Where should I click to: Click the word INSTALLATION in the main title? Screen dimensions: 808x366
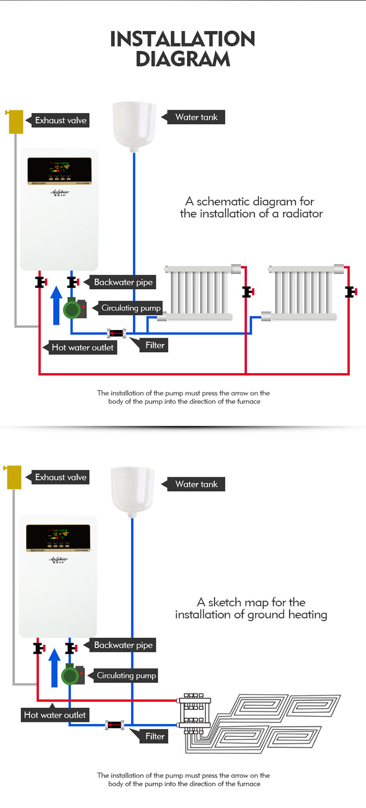click(183, 39)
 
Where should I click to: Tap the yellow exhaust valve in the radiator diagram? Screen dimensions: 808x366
click(16, 122)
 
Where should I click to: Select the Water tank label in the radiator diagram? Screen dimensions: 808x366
click(196, 117)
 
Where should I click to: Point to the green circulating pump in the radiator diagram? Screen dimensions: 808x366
click(73, 309)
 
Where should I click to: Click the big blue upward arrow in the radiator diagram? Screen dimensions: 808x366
click(56, 306)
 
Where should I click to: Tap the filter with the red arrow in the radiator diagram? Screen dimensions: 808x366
click(117, 333)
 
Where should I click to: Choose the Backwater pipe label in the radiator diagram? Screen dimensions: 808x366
click(123, 282)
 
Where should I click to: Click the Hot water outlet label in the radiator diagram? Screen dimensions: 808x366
click(82, 348)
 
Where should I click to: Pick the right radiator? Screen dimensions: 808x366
click(303, 292)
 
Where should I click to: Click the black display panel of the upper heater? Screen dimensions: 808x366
click(60, 170)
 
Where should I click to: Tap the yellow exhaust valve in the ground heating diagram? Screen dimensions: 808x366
click(14, 477)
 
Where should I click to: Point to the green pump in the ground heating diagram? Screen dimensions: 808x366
click(71, 676)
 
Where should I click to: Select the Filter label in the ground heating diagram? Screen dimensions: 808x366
click(155, 736)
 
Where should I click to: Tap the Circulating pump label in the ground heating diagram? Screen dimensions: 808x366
click(126, 676)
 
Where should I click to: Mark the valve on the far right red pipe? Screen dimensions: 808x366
click(350, 292)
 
